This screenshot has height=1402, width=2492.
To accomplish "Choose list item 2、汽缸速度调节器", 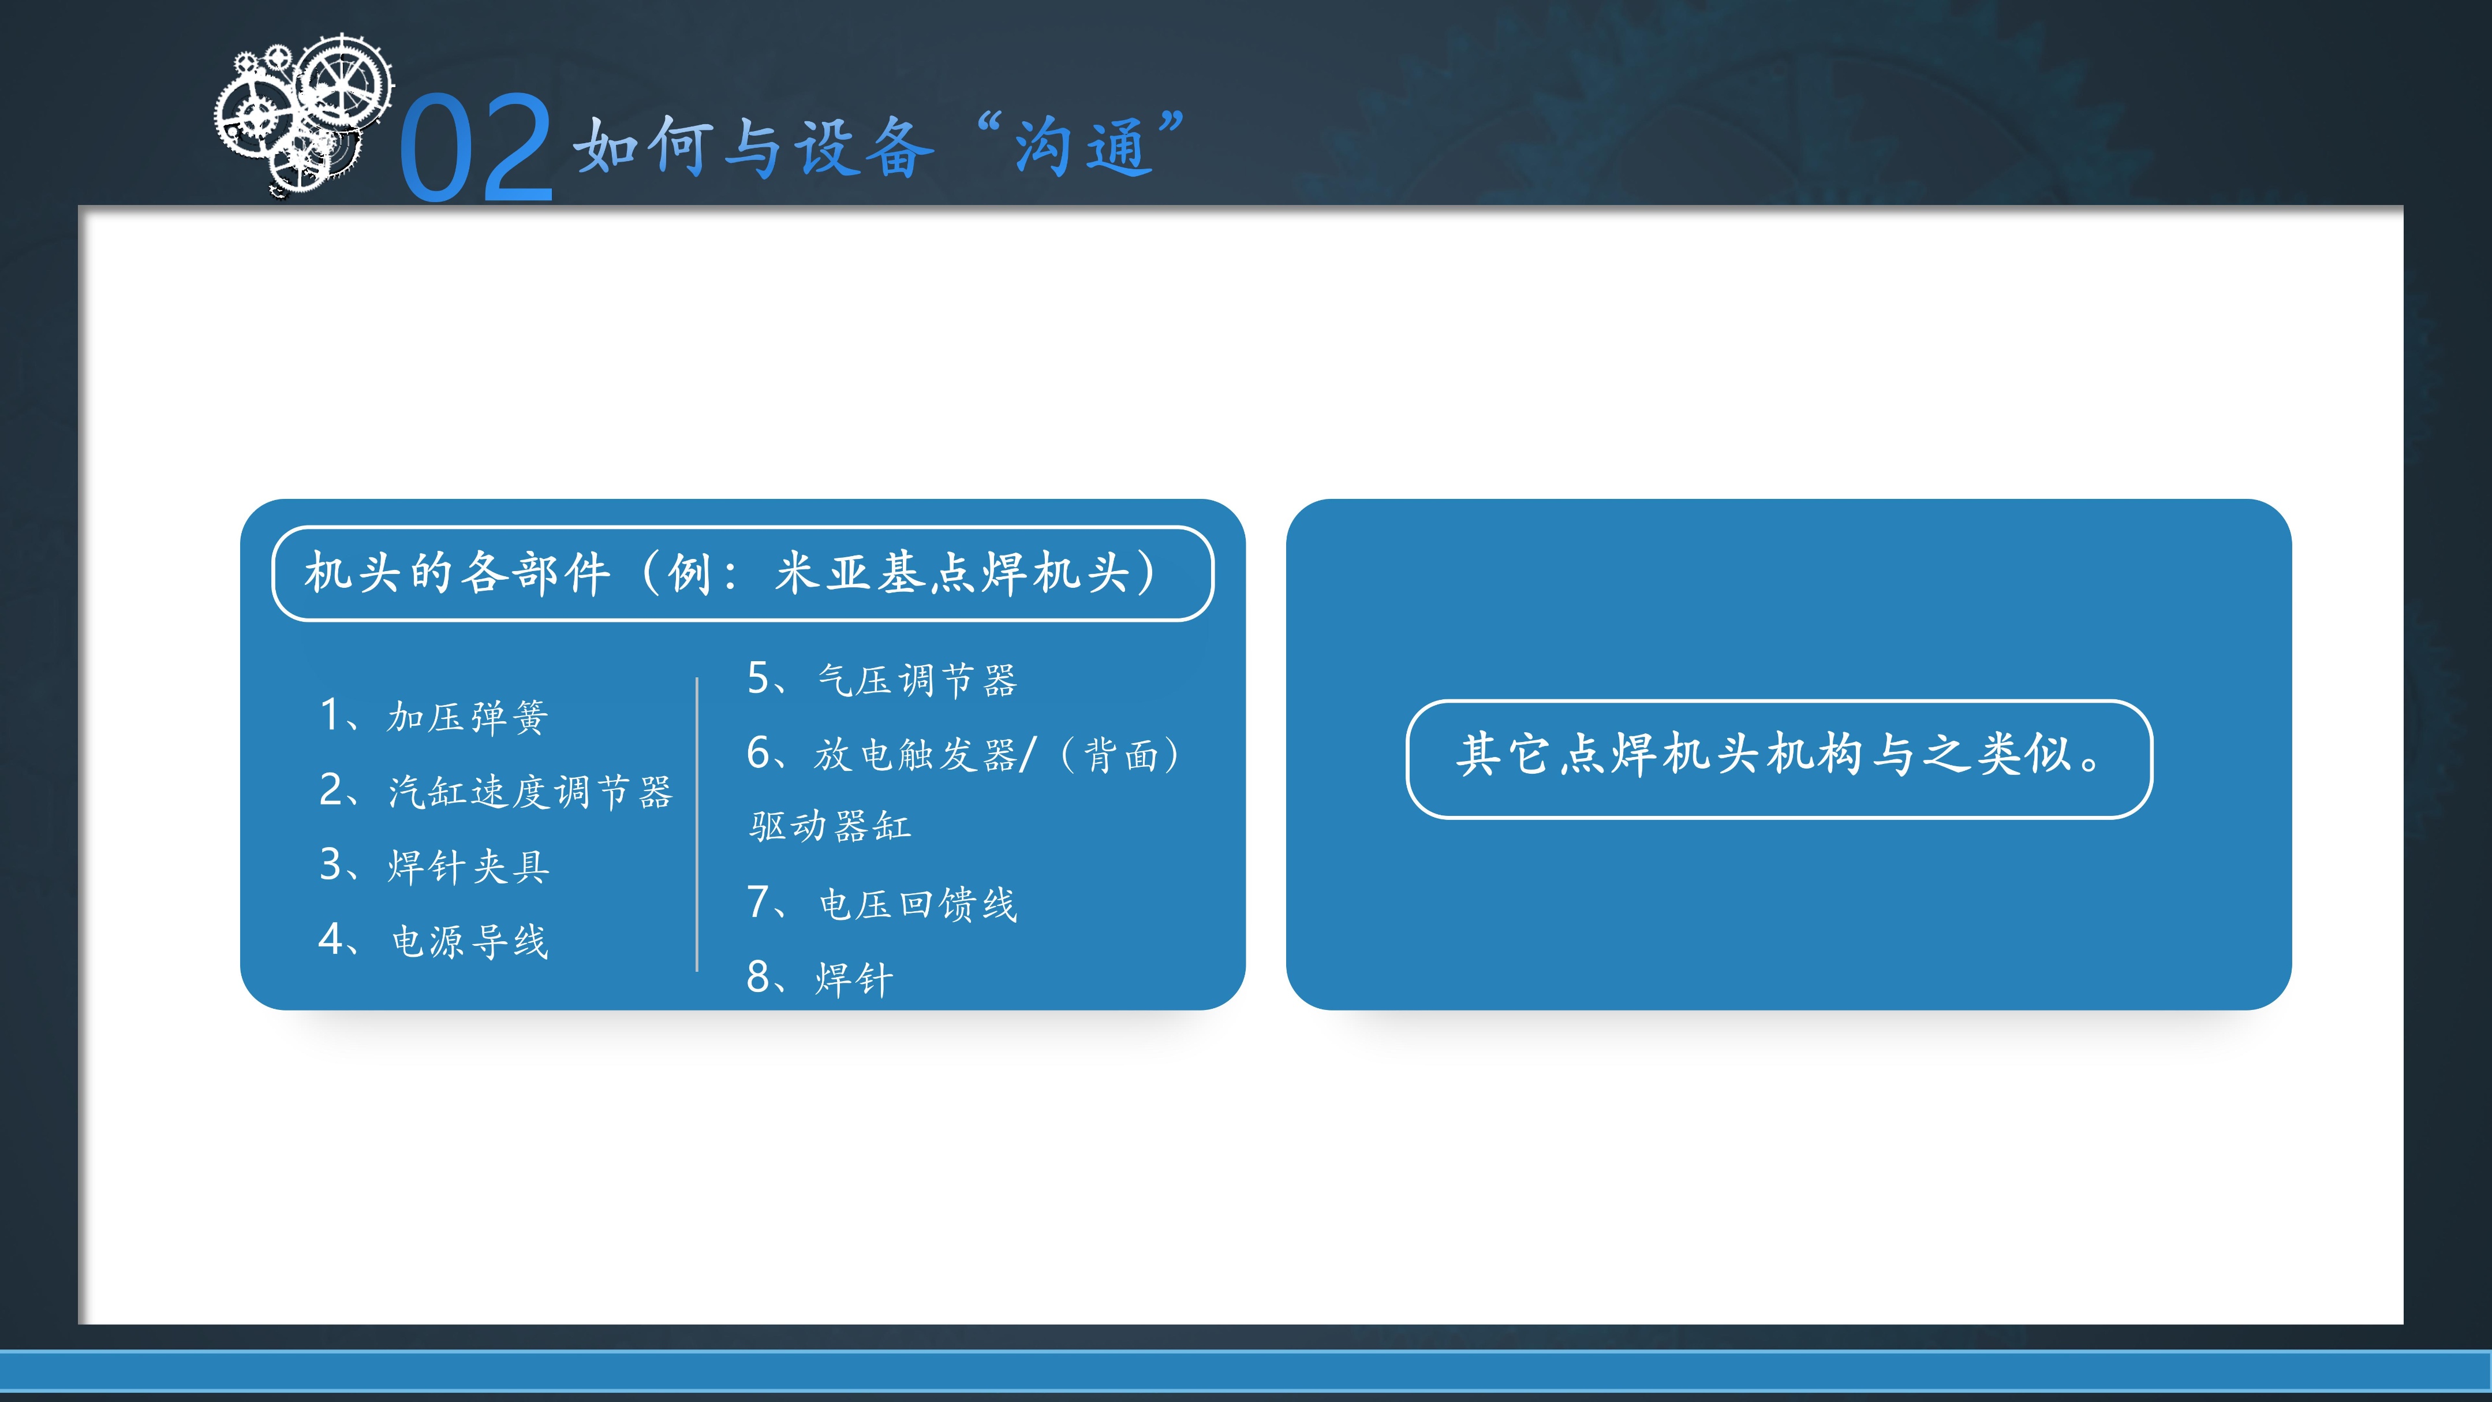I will (495, 792).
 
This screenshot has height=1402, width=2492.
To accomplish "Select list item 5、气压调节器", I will (882, 680).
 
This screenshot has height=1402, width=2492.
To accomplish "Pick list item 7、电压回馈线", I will (882, 904).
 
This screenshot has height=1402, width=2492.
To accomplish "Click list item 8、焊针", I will (820, 978).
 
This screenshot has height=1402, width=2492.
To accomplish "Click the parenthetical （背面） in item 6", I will (1122, 755).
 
